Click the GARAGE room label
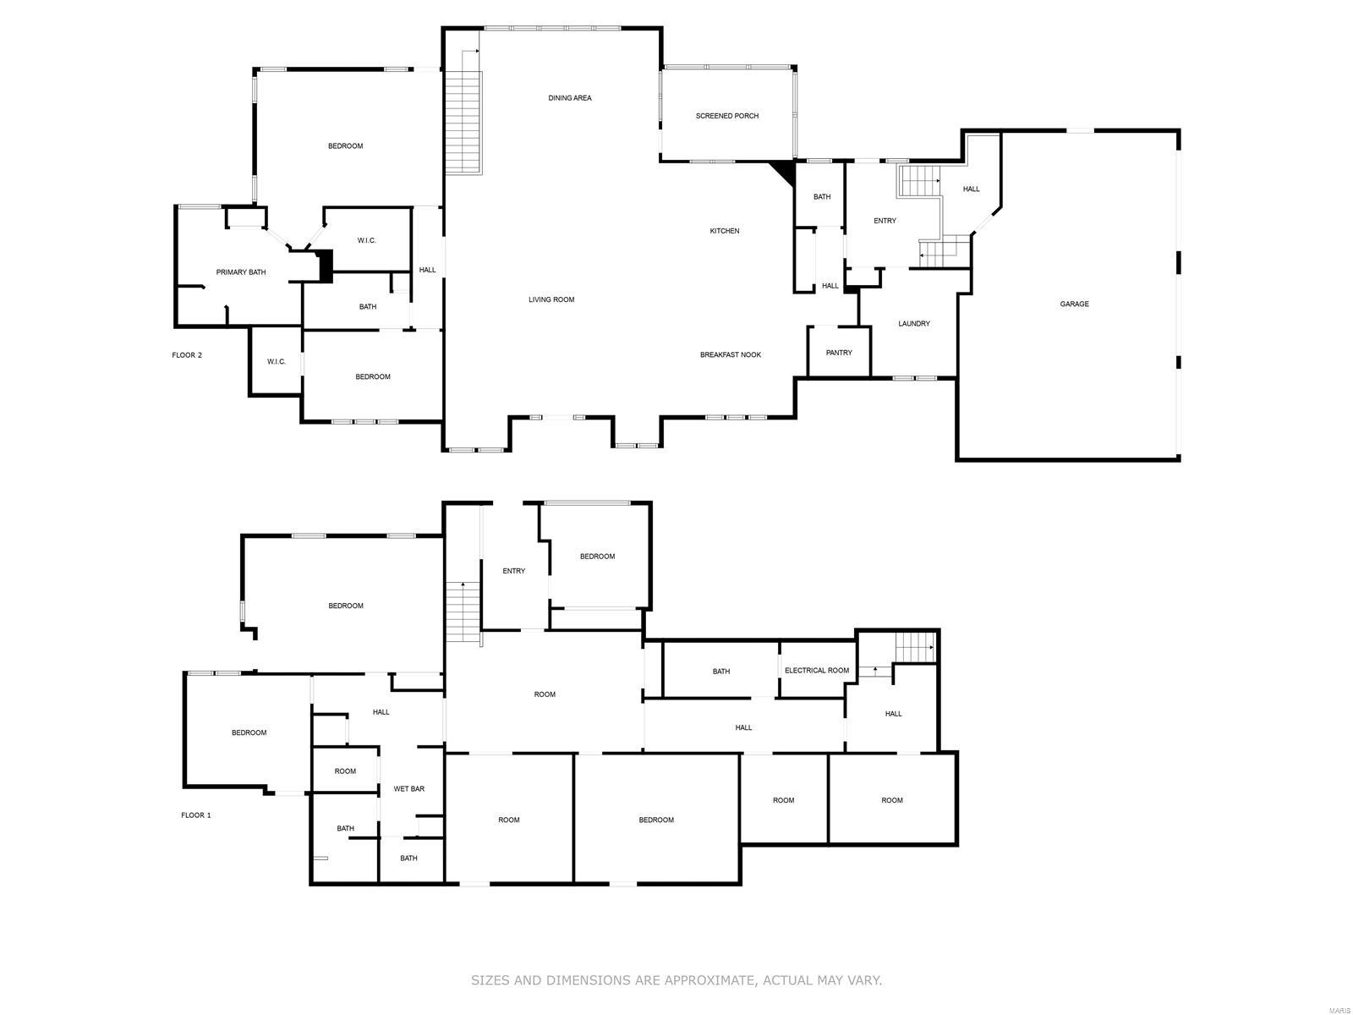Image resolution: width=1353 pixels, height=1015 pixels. (x=1074, y=304)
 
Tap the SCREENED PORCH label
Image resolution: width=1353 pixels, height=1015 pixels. (x=726, y=116)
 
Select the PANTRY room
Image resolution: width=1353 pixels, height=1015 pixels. (x=839, y=353)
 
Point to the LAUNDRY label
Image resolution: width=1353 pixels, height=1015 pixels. (x=913, y=323)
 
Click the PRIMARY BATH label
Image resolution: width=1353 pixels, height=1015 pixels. (x=241, y=272)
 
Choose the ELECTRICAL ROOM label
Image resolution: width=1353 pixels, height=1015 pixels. (x=816, y=671)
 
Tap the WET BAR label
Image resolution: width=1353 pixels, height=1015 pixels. (x=408, y=789)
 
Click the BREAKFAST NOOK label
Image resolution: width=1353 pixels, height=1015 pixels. (x=730, y=355)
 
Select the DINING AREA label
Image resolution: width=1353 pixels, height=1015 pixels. (x=569, y=98)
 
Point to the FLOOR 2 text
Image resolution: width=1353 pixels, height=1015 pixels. (x=187, y=355)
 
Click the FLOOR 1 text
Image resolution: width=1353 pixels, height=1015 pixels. (x=195, y=815)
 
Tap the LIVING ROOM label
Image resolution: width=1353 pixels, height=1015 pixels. (x=551, y=299)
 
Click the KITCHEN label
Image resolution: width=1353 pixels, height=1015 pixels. (x=724, y=231)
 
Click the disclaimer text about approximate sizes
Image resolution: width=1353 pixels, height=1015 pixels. (x=676, y=980)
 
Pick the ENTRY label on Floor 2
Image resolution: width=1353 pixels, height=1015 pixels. (x=885, y=221)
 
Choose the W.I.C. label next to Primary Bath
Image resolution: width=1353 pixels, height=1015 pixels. (x=366, y=240)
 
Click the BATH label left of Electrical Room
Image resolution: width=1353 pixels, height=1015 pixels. (x=720, y=672)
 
